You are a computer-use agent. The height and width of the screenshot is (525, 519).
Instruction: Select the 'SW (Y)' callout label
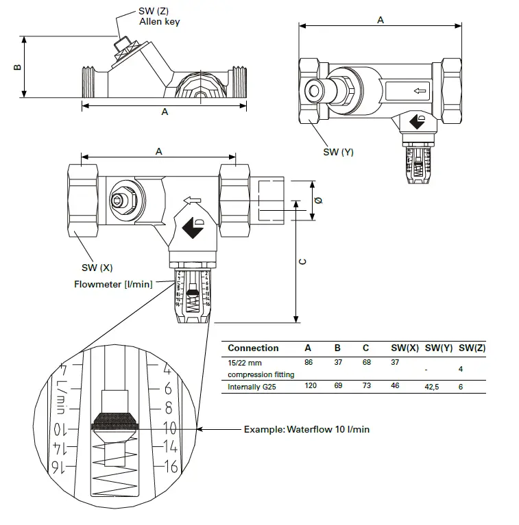coord(338,152)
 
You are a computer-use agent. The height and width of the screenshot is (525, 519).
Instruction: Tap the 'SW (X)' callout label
coord(97,267)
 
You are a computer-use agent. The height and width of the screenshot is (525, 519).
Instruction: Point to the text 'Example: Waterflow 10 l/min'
coord(306,429)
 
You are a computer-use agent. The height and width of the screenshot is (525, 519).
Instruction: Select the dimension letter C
coord(303,261)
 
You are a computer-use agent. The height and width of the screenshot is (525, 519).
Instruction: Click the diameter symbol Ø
coord(317,199)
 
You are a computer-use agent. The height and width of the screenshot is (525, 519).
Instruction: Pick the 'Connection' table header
coord(253,348)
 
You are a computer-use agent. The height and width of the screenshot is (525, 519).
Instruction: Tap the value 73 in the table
coord(367,387)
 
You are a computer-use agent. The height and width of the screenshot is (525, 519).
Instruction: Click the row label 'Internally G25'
coord(254,387)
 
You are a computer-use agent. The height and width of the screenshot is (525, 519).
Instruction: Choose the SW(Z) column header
coord(472,348)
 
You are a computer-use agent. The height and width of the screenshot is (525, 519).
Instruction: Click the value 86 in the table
coord(309,362)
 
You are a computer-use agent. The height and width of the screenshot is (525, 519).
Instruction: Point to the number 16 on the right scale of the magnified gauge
coord(170,467)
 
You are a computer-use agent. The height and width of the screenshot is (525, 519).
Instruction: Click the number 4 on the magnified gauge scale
coord(168,370)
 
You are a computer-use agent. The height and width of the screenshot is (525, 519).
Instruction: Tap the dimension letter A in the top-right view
coord(381,20)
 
